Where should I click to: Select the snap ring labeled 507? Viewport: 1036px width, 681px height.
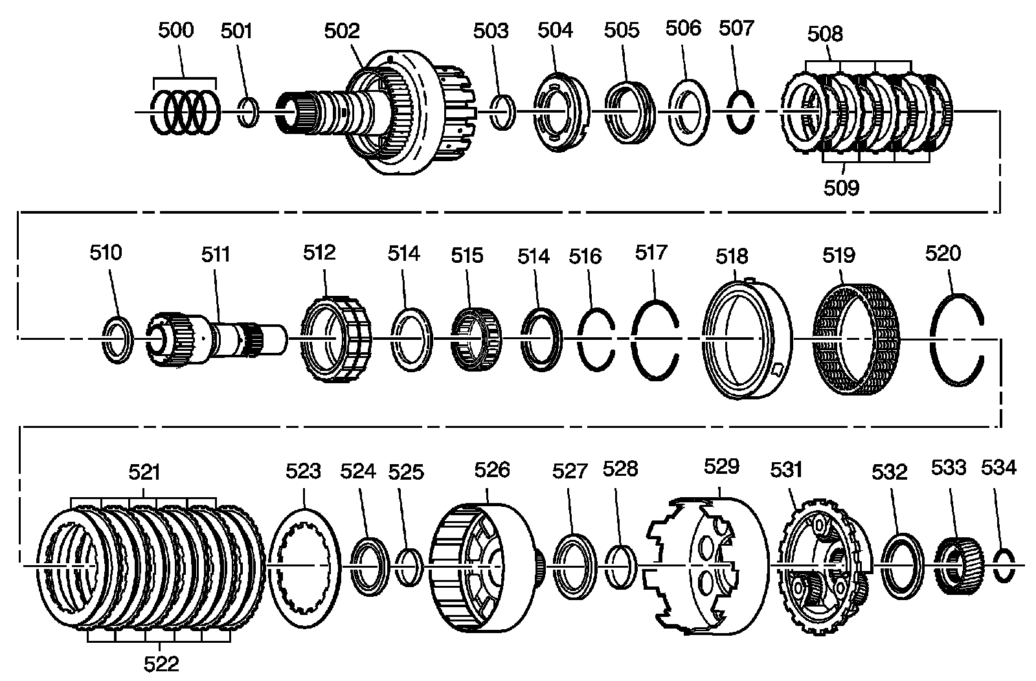(741, 111)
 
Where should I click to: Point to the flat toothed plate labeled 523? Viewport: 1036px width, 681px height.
(304, 566)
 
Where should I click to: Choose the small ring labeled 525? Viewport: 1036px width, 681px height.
(409, 567)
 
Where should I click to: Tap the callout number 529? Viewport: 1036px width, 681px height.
(721, 467)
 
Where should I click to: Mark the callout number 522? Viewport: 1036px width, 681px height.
(161, 664)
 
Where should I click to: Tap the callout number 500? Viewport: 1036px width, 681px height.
(175, 31)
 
